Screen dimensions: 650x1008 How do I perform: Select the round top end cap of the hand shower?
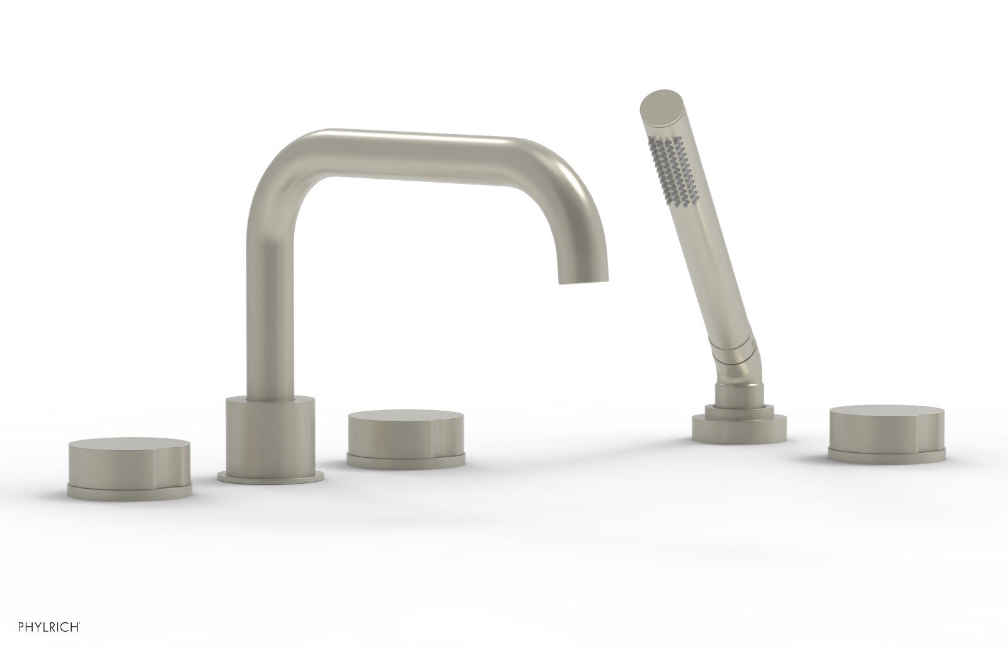(x=657, y=103)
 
